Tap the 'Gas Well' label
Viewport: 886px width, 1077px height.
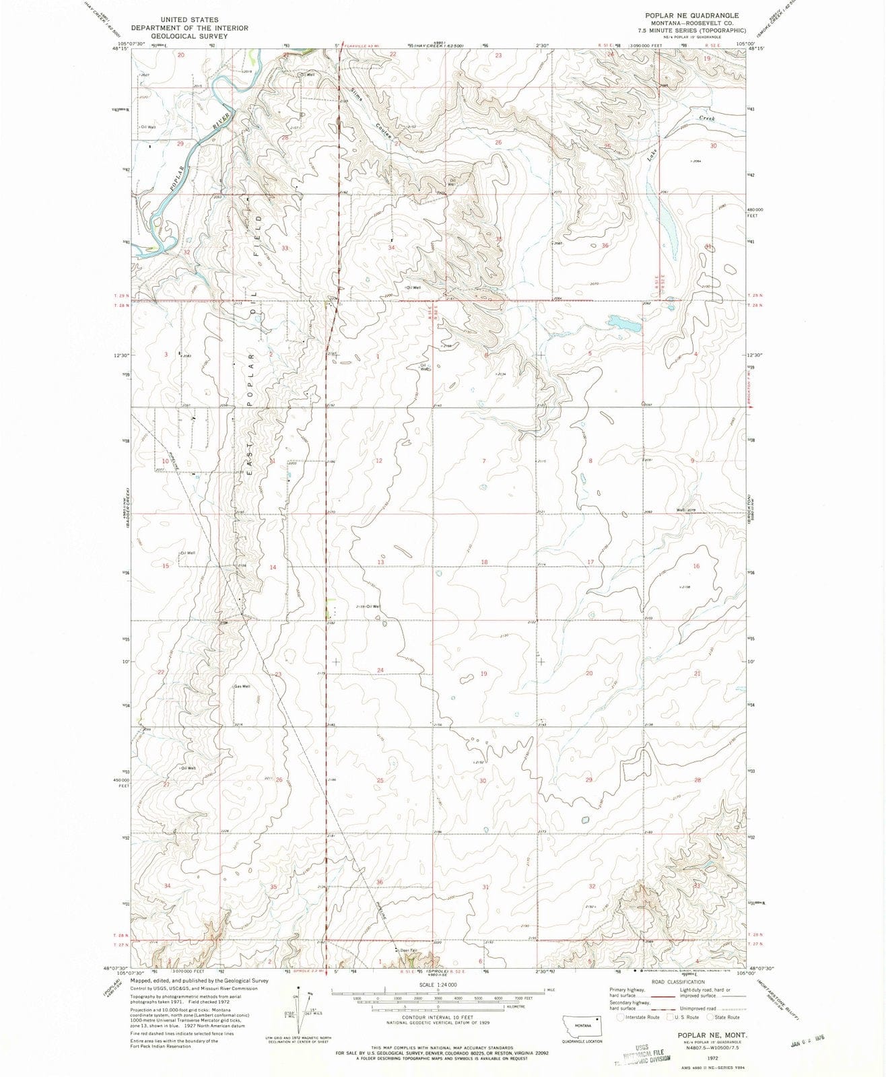(x=242, y=687)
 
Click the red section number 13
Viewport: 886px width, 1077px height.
(x=380, y=562)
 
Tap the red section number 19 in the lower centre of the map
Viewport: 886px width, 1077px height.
(x=483, y=674)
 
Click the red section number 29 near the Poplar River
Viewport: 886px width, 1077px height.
(x=180, y=144)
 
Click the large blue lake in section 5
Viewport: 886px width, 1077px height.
(x=625, y=324)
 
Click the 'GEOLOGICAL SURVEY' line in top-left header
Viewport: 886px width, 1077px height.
(x=189, y=36)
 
